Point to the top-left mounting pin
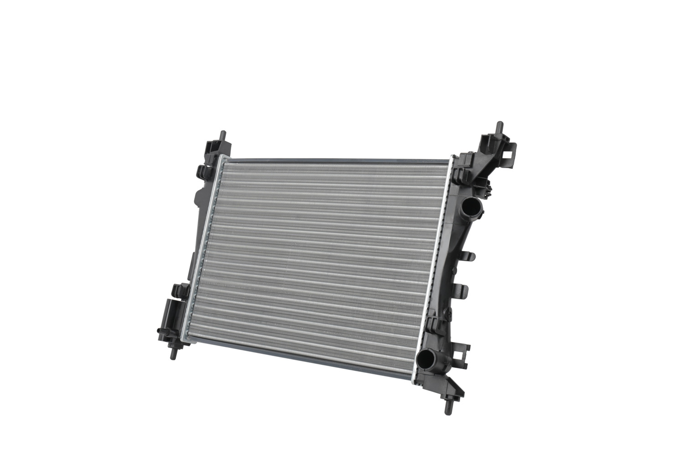(x=222, y=136)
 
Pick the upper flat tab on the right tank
(x=470, y=256)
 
